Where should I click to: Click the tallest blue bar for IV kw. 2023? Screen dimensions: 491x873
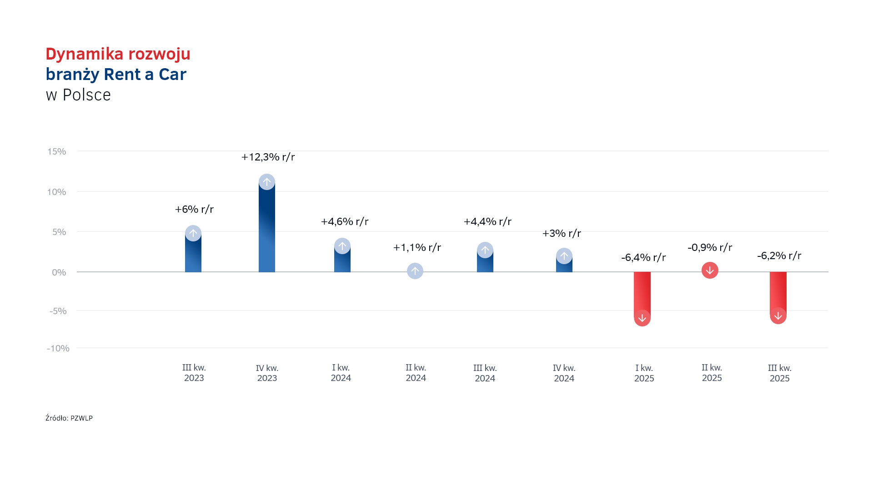point(267,227)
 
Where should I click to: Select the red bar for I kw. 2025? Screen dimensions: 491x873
point(642,293)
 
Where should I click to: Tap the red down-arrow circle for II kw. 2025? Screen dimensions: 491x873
point(710,271)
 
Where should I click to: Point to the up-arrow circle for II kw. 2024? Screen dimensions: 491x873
point(415,271)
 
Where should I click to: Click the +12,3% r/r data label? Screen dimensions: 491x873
point(268,157)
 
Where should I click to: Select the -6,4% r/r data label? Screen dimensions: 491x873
point(643,258)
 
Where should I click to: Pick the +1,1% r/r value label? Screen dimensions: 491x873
point(417,248)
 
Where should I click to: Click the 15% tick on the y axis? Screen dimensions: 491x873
point(57,151)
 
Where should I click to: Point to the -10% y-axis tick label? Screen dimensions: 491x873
point(58,348)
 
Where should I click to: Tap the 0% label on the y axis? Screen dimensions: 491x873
point(59,272)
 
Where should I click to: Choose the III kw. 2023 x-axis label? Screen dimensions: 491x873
point(194,373)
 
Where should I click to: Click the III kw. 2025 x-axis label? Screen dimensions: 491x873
point(779,373)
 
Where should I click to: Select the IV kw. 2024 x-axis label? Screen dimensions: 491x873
point(564,373)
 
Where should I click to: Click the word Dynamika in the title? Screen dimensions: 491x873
point(84,54)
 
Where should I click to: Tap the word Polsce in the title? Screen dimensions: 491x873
point(86,95)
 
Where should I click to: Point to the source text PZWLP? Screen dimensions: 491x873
point(81,418)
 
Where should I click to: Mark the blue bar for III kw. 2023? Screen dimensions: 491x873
point(193,255)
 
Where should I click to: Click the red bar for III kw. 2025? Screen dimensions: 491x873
point(778,292)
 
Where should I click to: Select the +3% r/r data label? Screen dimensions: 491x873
point(562,234)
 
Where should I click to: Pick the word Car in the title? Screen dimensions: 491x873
point(172,75)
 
